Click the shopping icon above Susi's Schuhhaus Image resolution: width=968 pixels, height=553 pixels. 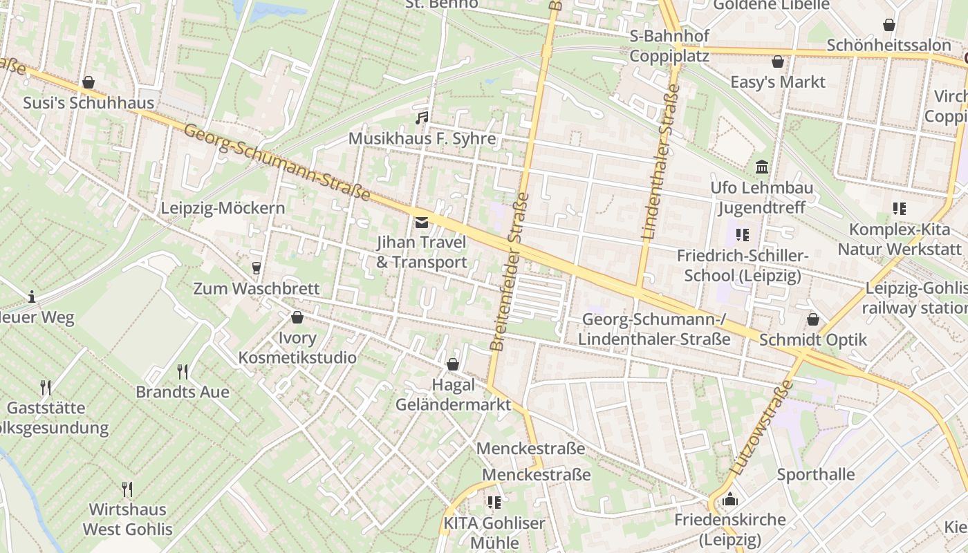89,83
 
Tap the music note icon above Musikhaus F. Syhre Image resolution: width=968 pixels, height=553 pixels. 422,118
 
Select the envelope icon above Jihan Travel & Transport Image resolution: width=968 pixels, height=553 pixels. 421,223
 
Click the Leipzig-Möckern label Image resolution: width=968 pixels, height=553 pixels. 223,208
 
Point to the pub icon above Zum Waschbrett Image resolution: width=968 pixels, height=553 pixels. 257,268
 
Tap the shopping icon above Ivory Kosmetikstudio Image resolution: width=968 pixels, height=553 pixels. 297,318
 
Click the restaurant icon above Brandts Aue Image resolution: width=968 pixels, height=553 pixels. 183,372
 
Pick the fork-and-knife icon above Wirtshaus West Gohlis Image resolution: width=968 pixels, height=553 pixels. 127,489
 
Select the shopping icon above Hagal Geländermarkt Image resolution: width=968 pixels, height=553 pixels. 453,364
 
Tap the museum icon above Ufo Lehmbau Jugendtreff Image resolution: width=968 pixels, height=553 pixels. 762,167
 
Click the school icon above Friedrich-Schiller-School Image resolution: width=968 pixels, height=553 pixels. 743,235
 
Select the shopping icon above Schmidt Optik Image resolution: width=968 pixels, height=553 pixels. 813,320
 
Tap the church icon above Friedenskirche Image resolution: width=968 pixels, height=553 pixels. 729,499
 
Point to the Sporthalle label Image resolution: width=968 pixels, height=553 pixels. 815,475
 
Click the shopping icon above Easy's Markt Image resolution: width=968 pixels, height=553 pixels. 778,62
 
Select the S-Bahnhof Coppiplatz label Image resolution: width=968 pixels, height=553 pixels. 669,46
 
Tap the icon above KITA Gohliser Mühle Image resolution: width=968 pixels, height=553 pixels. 494,503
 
